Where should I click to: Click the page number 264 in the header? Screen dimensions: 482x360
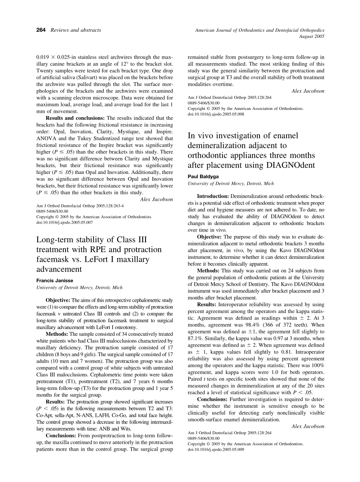point(41,30)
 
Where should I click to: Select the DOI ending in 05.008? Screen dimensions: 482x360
point(216,114)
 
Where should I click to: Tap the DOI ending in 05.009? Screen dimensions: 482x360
point(216,449)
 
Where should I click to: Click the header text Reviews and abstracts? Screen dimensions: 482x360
point(76,30)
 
